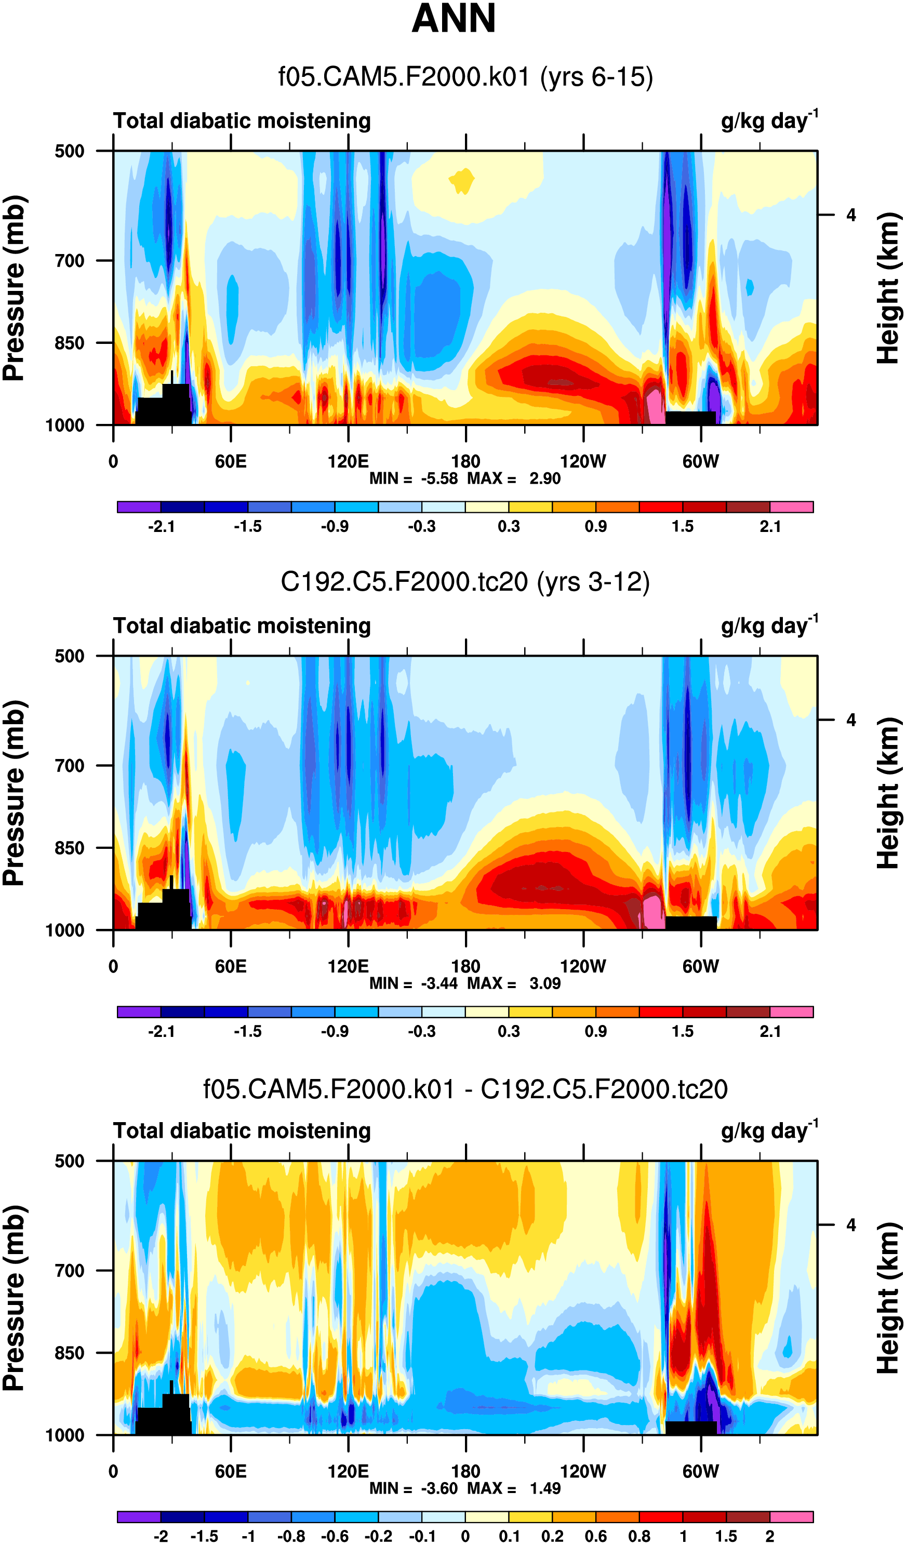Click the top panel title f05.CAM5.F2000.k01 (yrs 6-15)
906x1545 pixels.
[465, 77]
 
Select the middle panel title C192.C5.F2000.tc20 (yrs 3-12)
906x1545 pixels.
[465, 582]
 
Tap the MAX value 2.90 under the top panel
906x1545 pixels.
[545, 479]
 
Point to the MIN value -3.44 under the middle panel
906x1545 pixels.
[439, 983]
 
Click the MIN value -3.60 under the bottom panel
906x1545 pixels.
[439, 1488]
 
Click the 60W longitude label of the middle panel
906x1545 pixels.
[701, 966]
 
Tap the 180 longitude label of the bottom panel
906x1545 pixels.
[465, 1471]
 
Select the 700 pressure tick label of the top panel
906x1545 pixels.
[69, 261]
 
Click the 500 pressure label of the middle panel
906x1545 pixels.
[69, 656]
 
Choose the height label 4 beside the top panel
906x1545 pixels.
[851, 215]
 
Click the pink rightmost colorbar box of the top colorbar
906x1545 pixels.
[791, 507]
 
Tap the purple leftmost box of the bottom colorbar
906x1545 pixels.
[139, 1517]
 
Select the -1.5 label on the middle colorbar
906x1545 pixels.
[248, 1031]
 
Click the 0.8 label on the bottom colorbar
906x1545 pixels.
[639, 1536]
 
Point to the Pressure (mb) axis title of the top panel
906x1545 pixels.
[15, 288]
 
